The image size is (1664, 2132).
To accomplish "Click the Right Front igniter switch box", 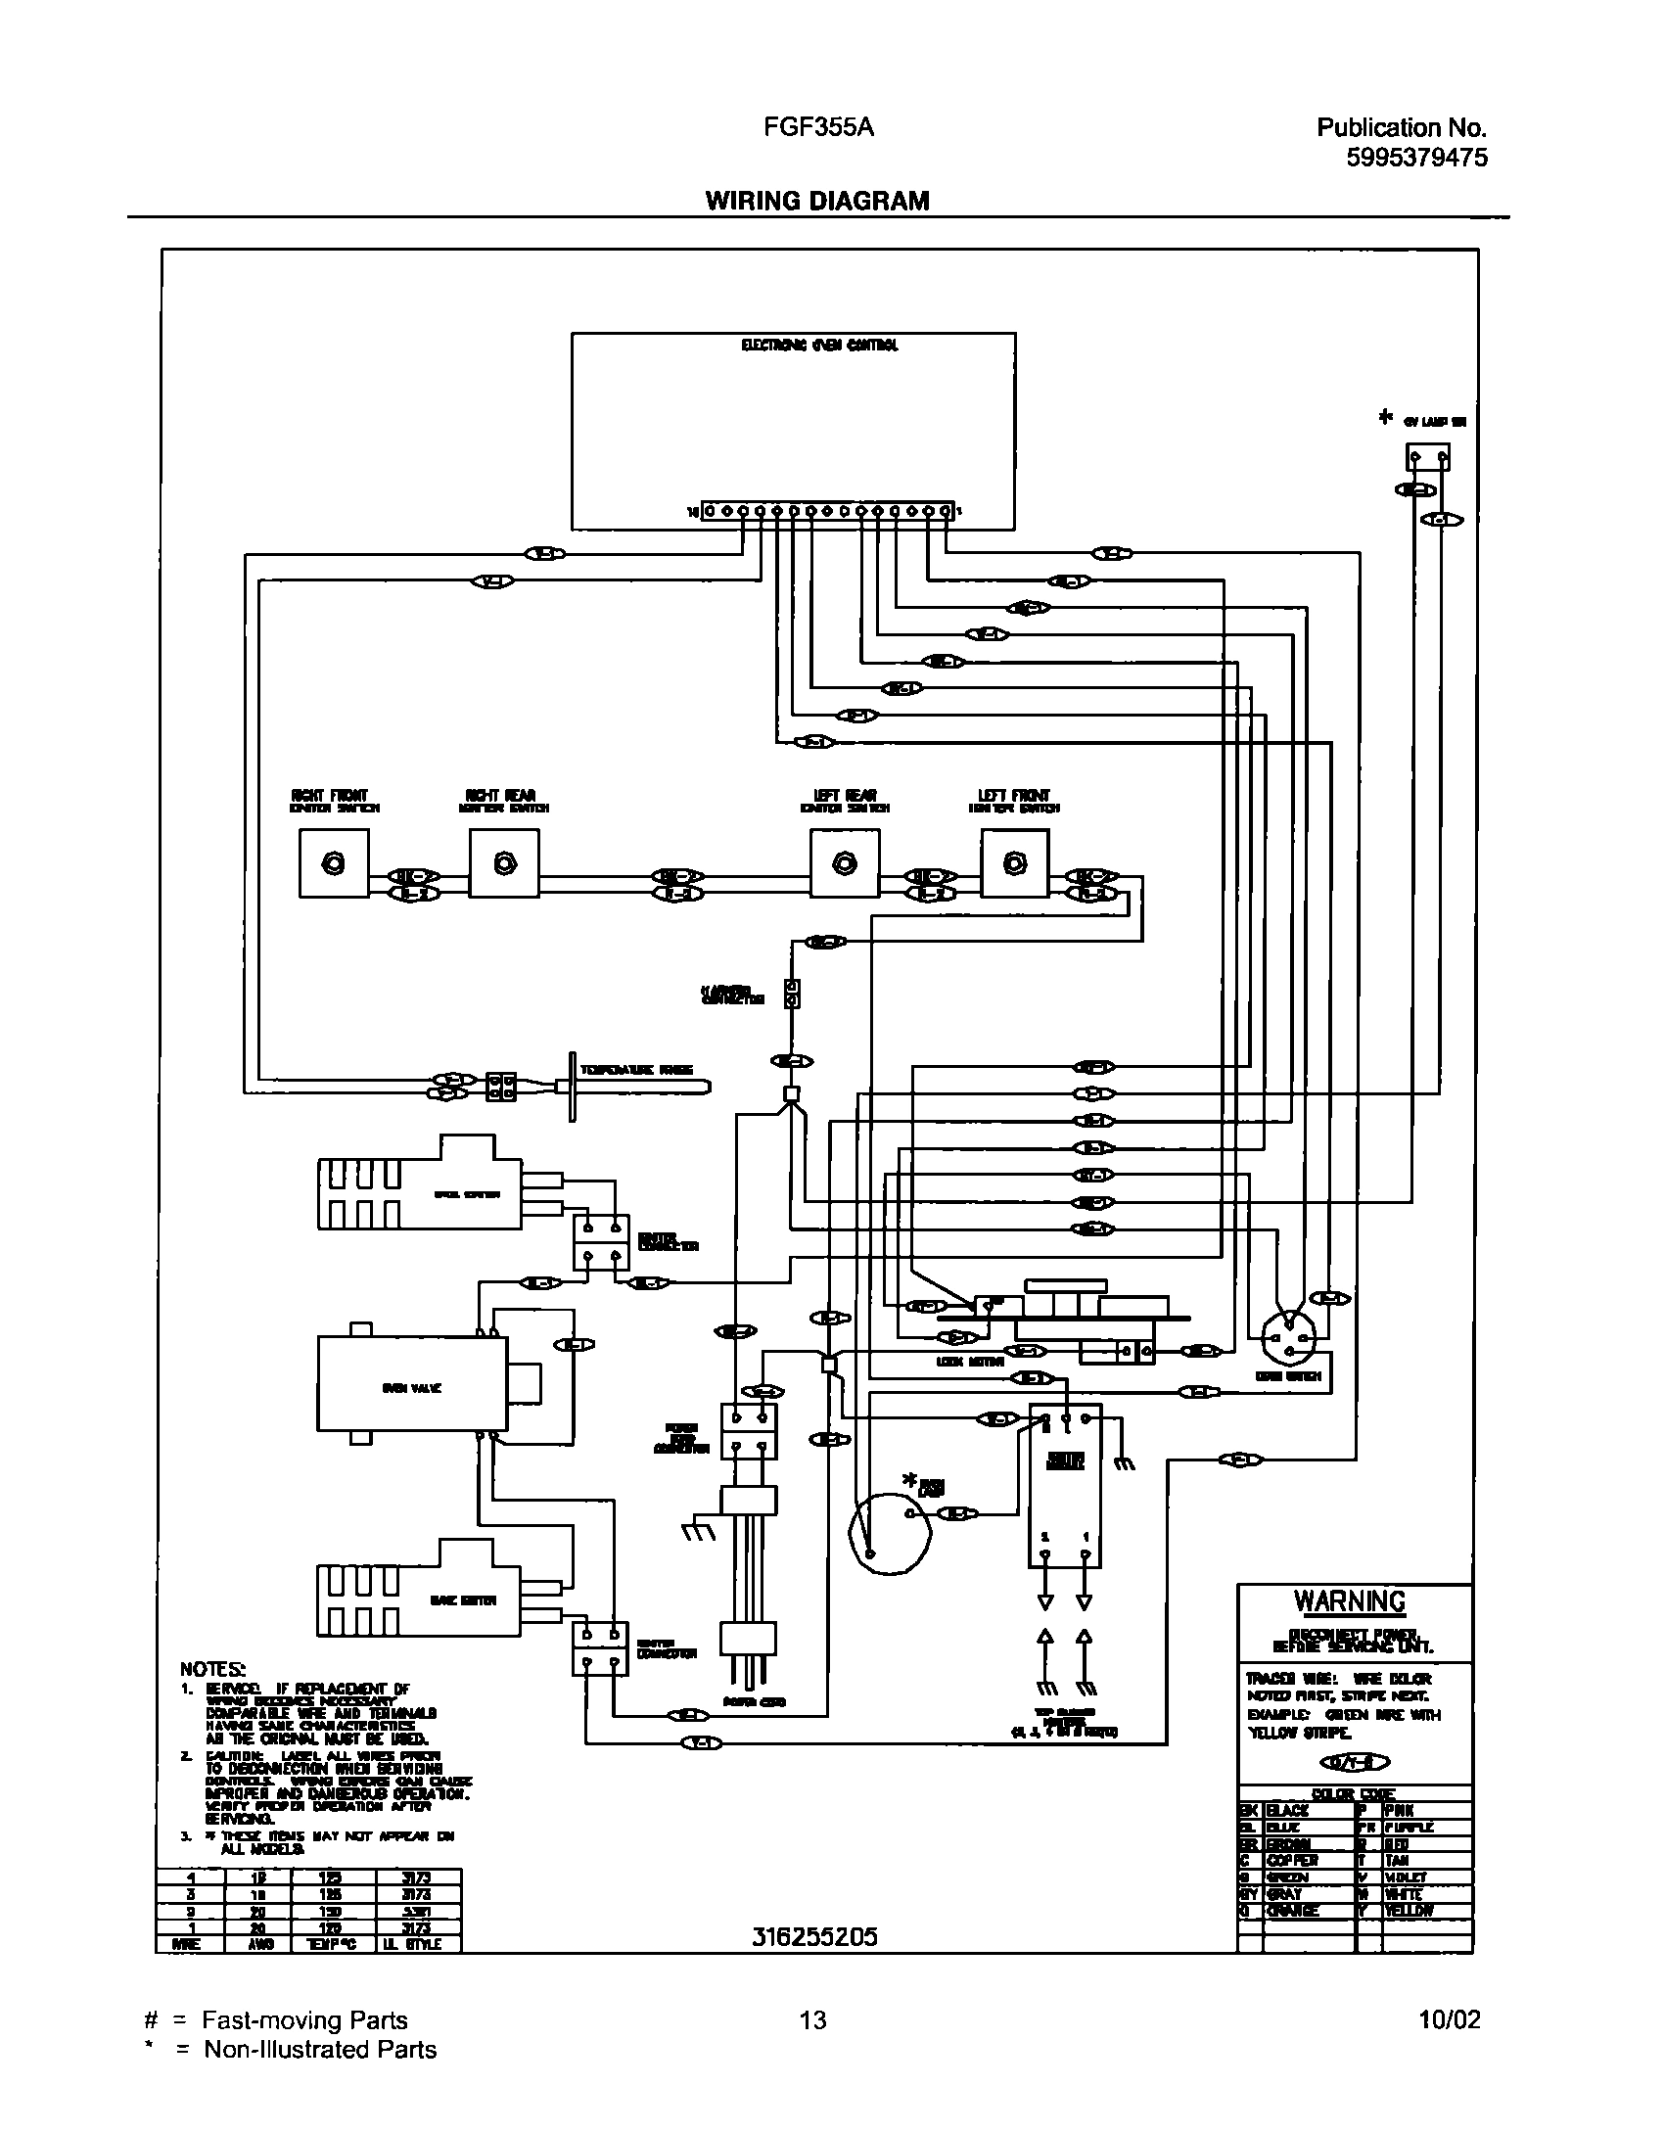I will click(334, 863).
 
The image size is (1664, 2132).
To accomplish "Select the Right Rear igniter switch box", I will click(504, 863).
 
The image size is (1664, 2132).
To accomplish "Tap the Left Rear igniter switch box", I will click(844, 863).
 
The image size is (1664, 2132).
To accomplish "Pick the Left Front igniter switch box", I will click(1015, 863).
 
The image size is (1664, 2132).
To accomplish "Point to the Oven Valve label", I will click(411, 1388).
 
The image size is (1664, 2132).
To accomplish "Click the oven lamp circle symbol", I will click(890, 1535).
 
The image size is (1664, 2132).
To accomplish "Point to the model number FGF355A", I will click(819, 127).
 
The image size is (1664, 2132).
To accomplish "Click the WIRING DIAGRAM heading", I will click(817, 201).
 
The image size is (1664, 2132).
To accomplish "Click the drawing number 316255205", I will click(814, 1935).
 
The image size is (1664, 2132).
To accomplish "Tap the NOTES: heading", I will click(212, 1668).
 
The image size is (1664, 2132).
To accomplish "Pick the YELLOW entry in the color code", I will click(1409, 1911).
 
